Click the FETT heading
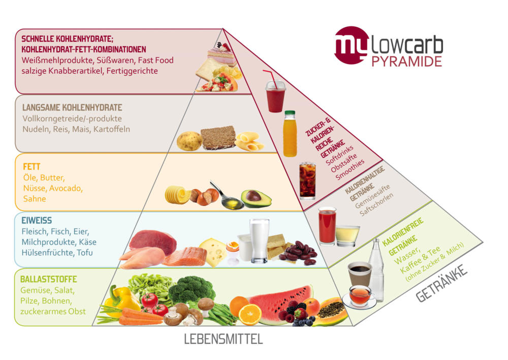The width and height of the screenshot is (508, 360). pyautogui.click(x=32, y=166)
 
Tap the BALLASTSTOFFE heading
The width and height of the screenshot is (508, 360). pyautogui.click(x=49, y=279)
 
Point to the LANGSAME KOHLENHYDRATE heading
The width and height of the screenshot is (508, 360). pyautogui.click(x=72, y=108)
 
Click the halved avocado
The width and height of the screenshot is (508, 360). pyautogui.click(x=256, y=198)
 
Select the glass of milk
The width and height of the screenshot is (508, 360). pyautogui.click(x=259, y=240)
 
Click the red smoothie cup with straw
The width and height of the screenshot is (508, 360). pyautogui.click(x=275, y=94)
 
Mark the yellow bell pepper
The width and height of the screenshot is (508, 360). pyautogui.click(x=121, y=301)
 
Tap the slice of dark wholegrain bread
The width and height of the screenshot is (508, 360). pyautogui.click(x=218, y=138)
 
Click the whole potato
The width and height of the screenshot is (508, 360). pyautogui.click(x=189, y=141)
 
